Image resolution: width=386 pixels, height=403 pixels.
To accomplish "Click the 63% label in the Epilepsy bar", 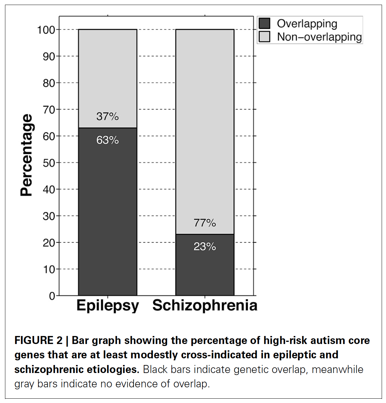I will tap(107, 140).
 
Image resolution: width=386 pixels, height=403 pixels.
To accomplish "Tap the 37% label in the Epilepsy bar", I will tap(107, 116).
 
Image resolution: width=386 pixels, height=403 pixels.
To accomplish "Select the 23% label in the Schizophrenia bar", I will tap(205, 247).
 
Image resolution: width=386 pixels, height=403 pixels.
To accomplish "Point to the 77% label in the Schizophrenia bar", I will tap(205, 223).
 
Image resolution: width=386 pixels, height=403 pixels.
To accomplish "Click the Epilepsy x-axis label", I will tap(107, 305).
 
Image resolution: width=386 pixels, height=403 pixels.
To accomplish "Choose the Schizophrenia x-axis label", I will tap(205, 305).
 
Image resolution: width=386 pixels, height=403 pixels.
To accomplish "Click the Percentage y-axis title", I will tap(27, 155).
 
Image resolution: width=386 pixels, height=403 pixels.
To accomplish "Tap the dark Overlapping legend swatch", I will tap(264, 24).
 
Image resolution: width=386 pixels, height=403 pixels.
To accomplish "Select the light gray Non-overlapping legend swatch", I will tap(264, 37).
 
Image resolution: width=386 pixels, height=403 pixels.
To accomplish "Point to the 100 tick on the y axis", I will tap(46, 30).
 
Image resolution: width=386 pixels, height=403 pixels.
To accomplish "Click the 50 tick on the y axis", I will tap(49, 163).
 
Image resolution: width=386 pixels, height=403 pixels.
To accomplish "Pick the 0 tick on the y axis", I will tap(52, 296).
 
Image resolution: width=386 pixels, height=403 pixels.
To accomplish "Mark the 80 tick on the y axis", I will tap(49, 83).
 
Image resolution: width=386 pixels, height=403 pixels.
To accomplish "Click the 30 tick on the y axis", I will tap(49, 216).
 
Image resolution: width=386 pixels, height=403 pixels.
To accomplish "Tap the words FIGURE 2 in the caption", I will tap(38, 340).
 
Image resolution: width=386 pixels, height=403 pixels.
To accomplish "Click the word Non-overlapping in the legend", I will tap(319, 37).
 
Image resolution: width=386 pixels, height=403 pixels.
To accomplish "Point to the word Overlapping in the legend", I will tap(307, 24).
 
